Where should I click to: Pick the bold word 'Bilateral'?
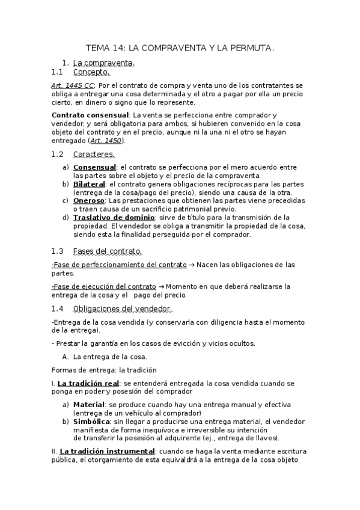(89, 183)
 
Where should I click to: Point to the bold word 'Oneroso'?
(87, 200)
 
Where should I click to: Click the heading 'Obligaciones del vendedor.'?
(122, 309)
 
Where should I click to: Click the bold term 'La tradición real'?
(88, 382)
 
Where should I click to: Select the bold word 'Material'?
(89, 404)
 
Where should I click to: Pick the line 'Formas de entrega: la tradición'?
(104, 369)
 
